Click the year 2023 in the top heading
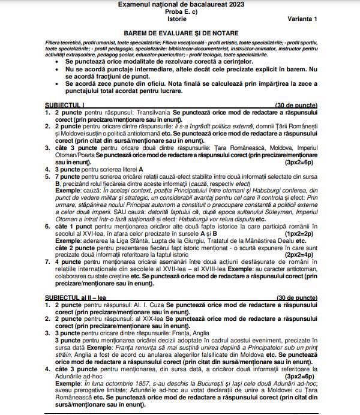click(x=227, y=4)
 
